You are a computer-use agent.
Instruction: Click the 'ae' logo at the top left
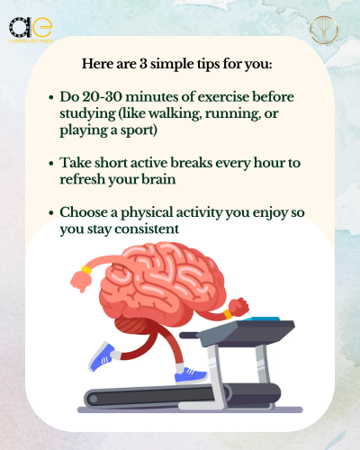tap(31, 30)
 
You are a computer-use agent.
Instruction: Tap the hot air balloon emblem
tap(324, 30)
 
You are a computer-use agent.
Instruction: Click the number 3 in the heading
tap(143, 64)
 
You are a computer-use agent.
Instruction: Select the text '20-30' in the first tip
tap(102, 96)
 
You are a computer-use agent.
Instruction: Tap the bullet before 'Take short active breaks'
tap(51, 164)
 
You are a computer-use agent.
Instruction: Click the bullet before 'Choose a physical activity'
tap(51, 212)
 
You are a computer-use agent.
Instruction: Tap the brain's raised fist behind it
tap(81, 281)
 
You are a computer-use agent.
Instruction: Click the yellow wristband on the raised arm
tap(86, 270)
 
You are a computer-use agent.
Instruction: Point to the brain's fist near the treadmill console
tap(238, 307)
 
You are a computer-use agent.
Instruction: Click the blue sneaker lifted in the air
tap(102, 356)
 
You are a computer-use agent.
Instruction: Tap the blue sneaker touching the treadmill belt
tap(191, 375)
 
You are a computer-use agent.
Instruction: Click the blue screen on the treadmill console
tap(262, 319)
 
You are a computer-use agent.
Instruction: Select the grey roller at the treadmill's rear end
tap(94, 399)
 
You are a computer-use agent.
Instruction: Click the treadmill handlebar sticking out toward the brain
tap(190, 335)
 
